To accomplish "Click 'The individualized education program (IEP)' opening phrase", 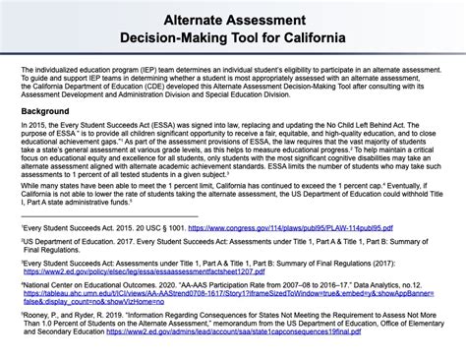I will point(91,74).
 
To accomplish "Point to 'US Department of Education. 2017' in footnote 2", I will point(84,239).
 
